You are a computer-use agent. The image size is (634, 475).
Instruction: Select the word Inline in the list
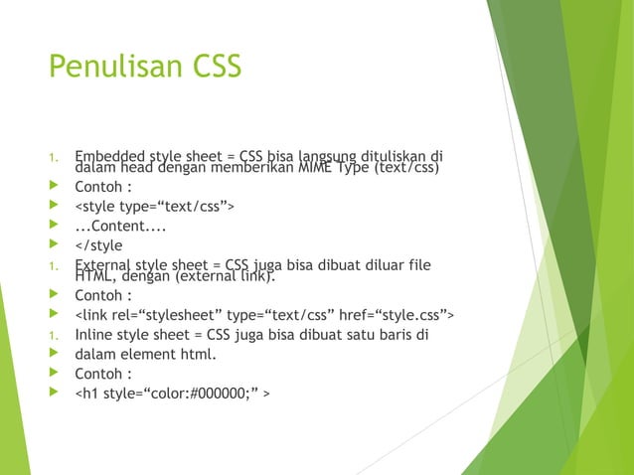pos(94,334)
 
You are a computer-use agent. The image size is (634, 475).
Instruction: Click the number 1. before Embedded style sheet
pos(55,156)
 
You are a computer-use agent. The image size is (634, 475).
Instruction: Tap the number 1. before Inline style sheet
pos(55,335)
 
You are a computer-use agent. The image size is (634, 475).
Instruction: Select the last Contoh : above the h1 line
pos(103,374)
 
